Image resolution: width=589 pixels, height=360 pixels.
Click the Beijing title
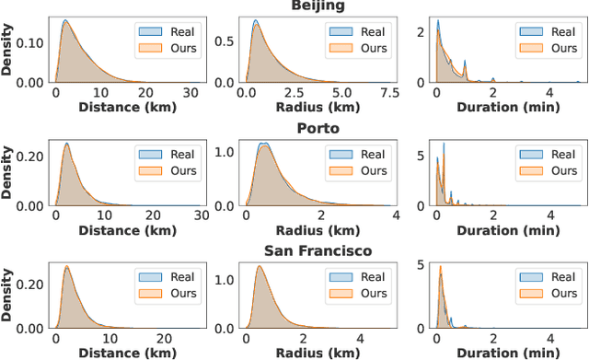294,6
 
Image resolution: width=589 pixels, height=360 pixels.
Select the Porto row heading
294,128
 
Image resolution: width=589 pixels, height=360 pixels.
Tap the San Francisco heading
294,250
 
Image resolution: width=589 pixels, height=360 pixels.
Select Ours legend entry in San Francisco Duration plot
553,292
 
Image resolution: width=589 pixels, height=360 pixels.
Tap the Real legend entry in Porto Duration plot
553,155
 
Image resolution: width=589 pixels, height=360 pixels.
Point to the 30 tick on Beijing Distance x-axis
190,94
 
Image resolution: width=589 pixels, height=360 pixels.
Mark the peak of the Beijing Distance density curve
64,20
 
